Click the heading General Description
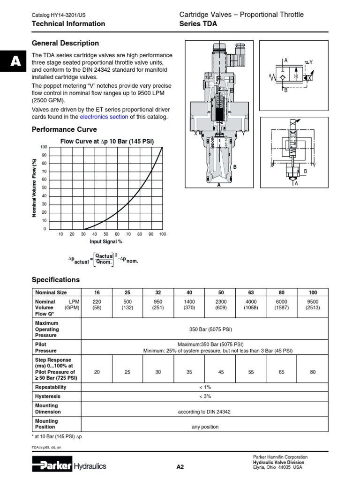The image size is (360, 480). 65,43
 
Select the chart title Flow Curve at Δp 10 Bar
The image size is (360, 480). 107,142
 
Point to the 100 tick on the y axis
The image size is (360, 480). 44,147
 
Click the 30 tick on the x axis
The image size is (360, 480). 83,234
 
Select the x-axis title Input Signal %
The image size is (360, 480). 106,242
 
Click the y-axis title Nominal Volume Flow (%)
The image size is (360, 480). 34,187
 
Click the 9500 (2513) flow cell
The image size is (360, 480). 312,305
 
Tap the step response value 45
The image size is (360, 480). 220,372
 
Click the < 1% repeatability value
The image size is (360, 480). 205,387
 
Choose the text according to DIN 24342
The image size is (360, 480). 204,412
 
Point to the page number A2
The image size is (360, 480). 180,466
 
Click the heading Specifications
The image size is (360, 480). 55,280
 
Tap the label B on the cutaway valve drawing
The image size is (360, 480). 235,167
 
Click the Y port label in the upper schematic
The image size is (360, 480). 310,61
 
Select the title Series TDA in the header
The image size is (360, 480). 198,23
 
